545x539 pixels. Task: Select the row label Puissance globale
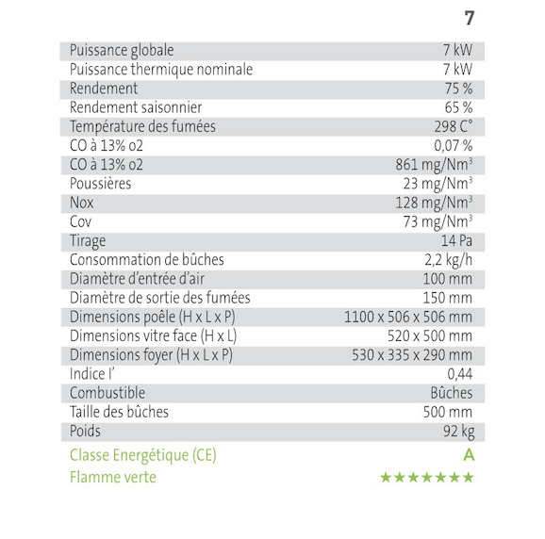(122, 51)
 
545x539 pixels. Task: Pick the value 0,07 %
(453, 146)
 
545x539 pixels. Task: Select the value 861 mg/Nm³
(434, 165)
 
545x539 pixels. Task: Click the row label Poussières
(101, 184)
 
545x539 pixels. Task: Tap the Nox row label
(82, 203)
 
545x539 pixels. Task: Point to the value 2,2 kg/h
(448, 260)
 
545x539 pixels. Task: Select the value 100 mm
(447, 279)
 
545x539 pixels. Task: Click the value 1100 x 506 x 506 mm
(408, 317)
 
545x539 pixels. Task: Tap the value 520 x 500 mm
(430, 335)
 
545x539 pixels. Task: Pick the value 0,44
(459, 374)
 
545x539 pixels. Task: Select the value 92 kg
(455, 431)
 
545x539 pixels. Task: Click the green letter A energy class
(468, 455)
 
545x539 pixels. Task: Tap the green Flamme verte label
(113, 477)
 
